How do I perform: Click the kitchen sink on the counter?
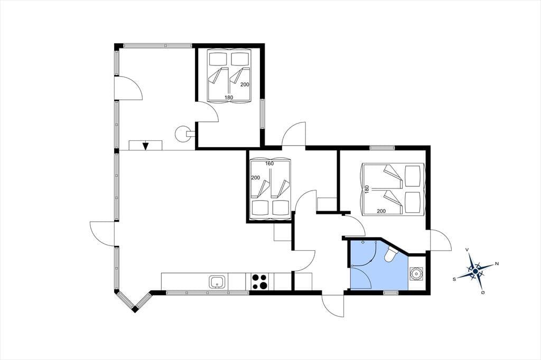pyautogui.click(x=218, y=282)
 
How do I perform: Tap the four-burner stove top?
pyautogui.click(x=259, y=281)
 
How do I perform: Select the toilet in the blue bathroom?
pyautogui.click(x=393, y=254)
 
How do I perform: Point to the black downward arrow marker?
pyautogui.click(x=146, y=146)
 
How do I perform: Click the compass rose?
pyautogui.click(x=475, y=272)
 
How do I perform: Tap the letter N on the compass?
pyautogui.click(x=497, y=264)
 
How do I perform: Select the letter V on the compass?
pyautogui.click(x=467, y=250)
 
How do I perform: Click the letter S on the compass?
pyautogui.click(x=455, y=279)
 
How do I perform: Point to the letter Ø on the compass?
pyautogui.click(x=483, y=293)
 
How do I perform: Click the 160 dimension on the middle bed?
pyautogui.click(x=269, y=164)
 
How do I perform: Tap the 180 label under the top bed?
pyautogui.click(x=229, y=97)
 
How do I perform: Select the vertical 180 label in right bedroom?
pyautogui.click(x=367, y=189)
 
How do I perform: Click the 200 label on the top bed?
pyautogui.click(x=245, y=84)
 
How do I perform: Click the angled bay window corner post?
pyautogui.click(x=135, y=309)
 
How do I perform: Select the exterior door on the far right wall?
pyautogui.click(x=441, y=240)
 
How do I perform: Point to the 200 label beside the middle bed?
pyautogui.click(x=256, y=177)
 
